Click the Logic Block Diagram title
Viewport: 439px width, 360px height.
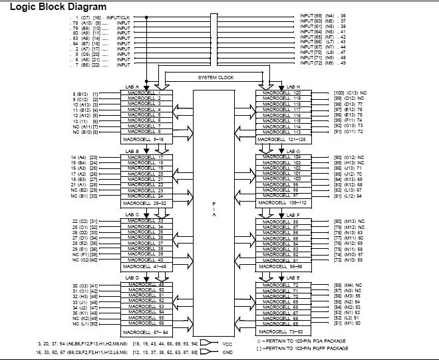[51, 7]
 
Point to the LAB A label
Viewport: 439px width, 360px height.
[132, 87]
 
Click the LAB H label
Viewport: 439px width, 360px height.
[293, 87]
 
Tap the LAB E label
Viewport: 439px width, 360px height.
[293, 277]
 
